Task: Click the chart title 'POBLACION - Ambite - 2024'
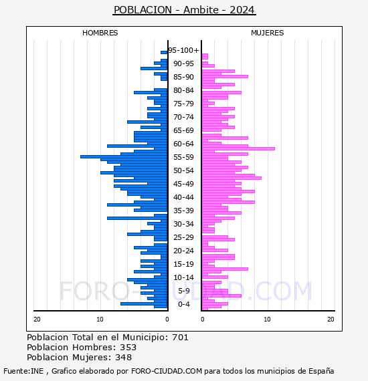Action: [x=184, y=10]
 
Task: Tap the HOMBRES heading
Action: [x=100, y=33]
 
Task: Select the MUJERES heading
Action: [x=268, y=33]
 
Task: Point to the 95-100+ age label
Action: [x=183, y=50]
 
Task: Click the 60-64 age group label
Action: [x=183, y=144]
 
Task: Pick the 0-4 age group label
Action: [x=184, y=304]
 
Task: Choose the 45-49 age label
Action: [x=183, y=184]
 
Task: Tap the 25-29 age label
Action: [x=183, y=237]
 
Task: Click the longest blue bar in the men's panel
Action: [x=124, y=156]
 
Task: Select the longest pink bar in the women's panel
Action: [x=238, y=148]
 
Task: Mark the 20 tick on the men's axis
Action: [x=37, y=320]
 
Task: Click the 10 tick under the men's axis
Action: [x=100, y=320]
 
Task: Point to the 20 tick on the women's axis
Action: [x=331, y=320]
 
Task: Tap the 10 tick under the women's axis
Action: [x=268, y=320]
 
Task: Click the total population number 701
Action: [x=180, y=338]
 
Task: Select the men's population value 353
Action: [x=128, y=348]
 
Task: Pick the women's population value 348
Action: [x=124, y=358]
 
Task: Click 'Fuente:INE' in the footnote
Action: [x=23, y=371]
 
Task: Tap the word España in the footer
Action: [x=321, y=372]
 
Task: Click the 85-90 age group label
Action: [x=183, y=77]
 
